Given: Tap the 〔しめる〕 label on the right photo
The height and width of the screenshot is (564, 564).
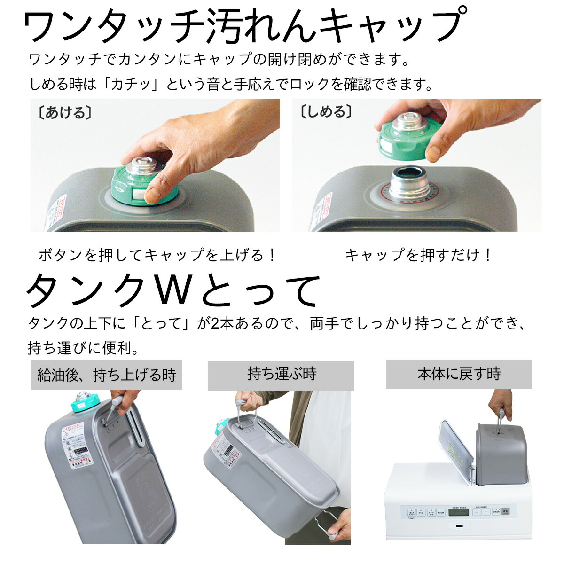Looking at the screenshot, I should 326,112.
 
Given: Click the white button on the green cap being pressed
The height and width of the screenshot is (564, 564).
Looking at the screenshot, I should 139,194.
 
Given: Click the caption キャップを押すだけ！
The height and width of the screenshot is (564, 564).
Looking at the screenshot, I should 418,255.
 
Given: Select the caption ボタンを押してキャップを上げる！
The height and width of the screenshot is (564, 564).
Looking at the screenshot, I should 157,255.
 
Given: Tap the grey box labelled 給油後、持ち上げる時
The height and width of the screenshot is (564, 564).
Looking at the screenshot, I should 107,375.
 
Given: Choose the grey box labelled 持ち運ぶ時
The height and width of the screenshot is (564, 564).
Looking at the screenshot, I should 281,375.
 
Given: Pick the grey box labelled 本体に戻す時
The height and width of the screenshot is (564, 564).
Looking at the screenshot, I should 458,374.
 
